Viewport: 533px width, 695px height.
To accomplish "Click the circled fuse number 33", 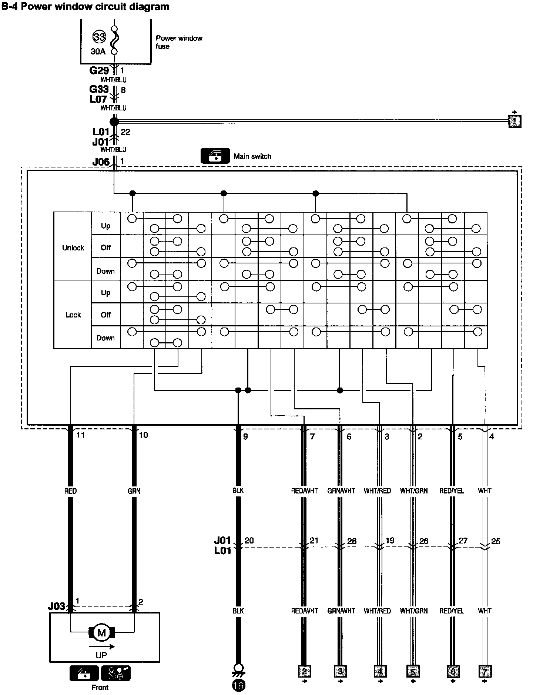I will tap(99, 37).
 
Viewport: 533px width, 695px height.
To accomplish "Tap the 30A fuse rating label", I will tap(98, 51).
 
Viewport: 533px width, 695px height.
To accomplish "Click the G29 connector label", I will tap(99, 70).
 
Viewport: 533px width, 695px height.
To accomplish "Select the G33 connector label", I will tap(99, 89).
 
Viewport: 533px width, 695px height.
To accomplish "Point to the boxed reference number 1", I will tap(515, 121).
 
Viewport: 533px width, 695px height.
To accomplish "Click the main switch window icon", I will tap(215, 156).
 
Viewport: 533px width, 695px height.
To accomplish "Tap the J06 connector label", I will tap(101, 162).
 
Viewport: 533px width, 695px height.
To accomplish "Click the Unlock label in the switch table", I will tap(73, 248).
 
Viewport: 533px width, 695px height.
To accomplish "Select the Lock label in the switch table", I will tap(73, 315).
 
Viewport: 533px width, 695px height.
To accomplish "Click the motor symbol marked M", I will tap(101, 633).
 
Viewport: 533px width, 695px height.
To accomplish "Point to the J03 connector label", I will tap(56, 607).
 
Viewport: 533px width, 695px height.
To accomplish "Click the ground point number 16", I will tap(239, 686).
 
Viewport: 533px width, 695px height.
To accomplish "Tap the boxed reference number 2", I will tap(304, 671).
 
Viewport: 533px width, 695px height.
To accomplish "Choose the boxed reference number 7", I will tap(485, 671).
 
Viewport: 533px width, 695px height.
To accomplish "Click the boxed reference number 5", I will tap(413, 671).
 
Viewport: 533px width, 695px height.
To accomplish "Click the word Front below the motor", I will tap(100, 688).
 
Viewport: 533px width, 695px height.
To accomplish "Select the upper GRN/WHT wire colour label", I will tap(341, 491).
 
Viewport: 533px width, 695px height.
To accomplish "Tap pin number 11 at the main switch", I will tap(80, 435).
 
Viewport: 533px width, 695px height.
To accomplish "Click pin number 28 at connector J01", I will tap(352, 541).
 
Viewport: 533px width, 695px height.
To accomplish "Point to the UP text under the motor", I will tap(101, 655).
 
